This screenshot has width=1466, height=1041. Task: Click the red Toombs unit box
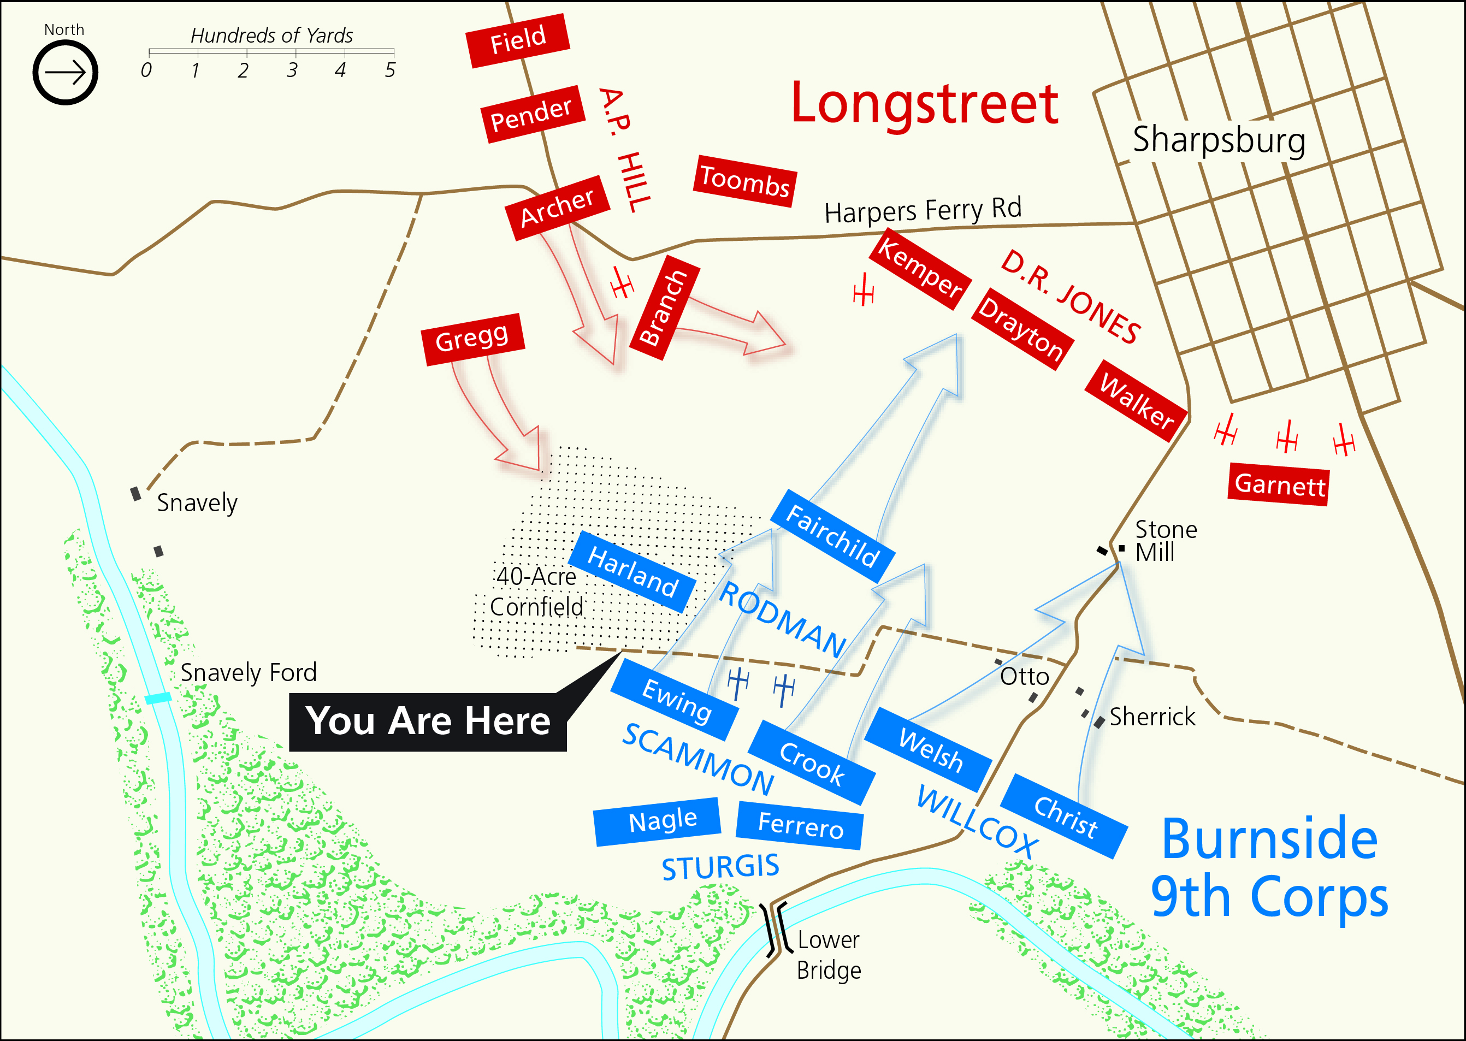[x=745, y=181]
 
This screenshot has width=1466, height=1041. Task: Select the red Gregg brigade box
[x=472, y=339]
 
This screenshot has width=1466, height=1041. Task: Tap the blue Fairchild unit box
[x=832, y=536]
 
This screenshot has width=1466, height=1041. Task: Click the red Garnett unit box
[x=1279, y=484]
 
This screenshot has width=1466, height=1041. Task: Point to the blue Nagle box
[x=658, y=822]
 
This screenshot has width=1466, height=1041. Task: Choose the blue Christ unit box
[x=1064, y=816]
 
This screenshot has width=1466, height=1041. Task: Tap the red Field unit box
[x=517, y=40]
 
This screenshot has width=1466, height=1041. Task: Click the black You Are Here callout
[x=428, y=721]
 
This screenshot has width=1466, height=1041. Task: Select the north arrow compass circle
[x=66, y=73]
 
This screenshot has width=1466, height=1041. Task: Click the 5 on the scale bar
[x=390, y=70]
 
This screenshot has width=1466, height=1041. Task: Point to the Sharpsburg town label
[x=1219, y=140]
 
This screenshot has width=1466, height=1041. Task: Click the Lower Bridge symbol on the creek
[x=775, y=929]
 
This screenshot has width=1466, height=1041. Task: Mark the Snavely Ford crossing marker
[x=158, y=698]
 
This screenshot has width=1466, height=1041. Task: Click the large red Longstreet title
[x=924, y=104]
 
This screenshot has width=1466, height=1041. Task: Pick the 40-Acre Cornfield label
[x=536, y=591]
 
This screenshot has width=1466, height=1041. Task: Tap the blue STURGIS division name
[x=720, y=867]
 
